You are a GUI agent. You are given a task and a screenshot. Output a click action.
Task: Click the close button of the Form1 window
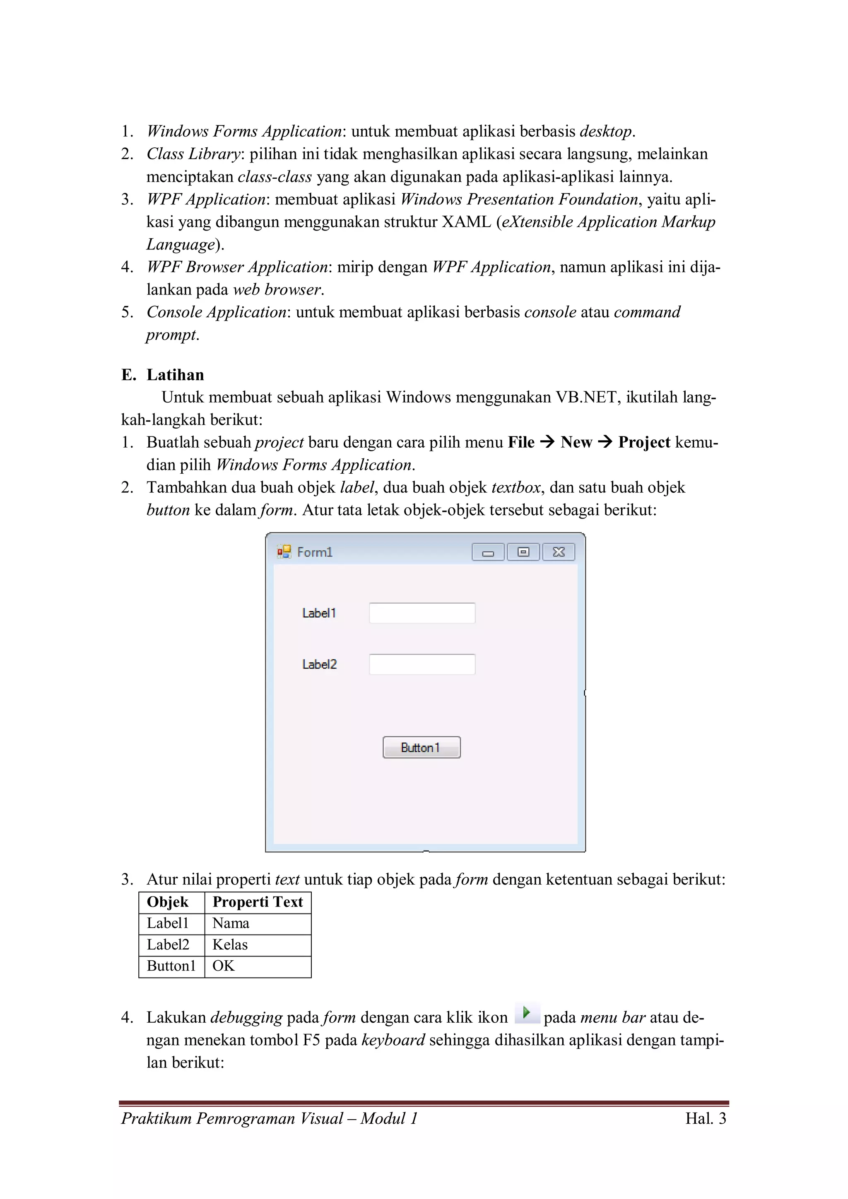tap(558, 552)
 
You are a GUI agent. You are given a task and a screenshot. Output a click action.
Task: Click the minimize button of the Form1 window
tap(488, 552)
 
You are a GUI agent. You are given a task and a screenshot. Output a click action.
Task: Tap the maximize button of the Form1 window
tap(523, 552)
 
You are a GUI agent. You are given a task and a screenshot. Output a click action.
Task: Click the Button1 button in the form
tap(421, 747)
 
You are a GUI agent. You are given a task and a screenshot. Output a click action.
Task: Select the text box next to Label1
tap(422, 613)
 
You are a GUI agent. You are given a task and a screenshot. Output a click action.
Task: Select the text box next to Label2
tap(422, 664)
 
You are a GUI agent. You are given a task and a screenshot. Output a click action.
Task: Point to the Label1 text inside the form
tap(319, 613)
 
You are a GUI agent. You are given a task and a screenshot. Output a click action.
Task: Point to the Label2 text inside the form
tap(319, 664)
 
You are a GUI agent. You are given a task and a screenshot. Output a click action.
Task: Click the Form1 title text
tap(315, 552)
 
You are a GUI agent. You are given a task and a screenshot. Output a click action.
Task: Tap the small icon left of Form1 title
tap(284, 552)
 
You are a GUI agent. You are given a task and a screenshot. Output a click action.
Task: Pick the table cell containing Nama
tap(258, 923)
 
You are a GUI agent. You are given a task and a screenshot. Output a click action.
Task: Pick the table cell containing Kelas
tap(258, 945)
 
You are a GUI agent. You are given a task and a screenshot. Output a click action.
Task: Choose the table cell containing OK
tap(258, 966)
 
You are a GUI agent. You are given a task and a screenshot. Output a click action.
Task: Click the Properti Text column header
tap(258, 902)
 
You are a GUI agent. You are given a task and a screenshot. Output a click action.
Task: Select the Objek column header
tap(168, 902)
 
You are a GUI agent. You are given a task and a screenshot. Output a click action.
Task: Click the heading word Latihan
tap(175, 375)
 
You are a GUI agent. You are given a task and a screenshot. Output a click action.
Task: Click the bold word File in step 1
tap(521, 442)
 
